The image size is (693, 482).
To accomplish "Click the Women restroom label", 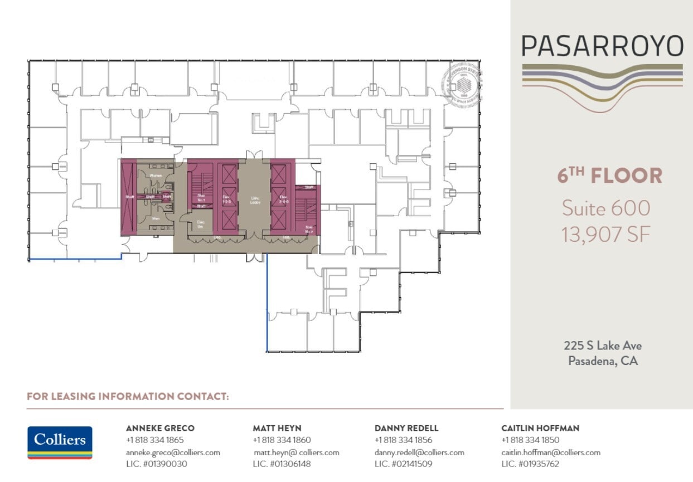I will pyautogui.click(x=156, y=176).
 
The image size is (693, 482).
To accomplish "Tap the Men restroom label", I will pyautogui.click(x=156, y=218).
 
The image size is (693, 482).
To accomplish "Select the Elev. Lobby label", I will pyautogui.click(x=254, y=200).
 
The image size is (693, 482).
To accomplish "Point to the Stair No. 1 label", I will pyautogui.click(x=201, y=197).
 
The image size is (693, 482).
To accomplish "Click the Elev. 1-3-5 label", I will pyautogui.click(x=226, y=200).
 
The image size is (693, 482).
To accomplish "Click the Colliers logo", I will pyautogui.click(x=60, y=442).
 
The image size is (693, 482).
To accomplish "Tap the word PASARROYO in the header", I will pyautogui.click(x=602, y=46).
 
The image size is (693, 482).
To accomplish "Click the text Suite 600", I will pyautogui.click(x=605, y=208).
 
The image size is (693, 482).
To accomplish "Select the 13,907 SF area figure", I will pyautogui.click(x=605, y=235).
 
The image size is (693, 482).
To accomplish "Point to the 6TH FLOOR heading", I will pyautogui.click(x=610, y=176).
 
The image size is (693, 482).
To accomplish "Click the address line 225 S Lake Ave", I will pyautogui.click(x=602, y=346).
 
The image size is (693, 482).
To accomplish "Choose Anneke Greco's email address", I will pyautogui.click(x=173, y=452).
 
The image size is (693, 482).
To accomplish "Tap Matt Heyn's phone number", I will pyautogui.click(x=282, y=440).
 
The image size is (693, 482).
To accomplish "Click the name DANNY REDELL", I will pyautogui.click(x=406, y=429).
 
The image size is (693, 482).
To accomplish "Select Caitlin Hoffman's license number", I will pyautogui.click(x=530, y=464).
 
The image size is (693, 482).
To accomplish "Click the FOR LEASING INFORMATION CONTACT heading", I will pyautogui.click(x=128, y=397).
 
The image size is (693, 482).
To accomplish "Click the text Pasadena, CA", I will pyautogui.click(x=603, y=361).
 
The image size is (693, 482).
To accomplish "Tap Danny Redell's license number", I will pyautogui.click(x=403, y=464).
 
